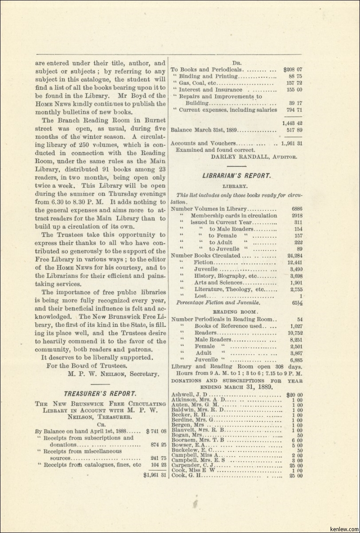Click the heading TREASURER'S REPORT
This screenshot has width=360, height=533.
pyautogui.click(x=100, y=393)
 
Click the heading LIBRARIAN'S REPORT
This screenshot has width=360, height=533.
pyautogui.click(x=236, y=176)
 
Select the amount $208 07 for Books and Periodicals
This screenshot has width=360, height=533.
pyautogui.click(x=292, y=70)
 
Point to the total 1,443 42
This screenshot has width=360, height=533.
pyautogui.click(x=292, y=123)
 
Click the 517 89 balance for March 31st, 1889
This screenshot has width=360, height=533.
pyautogui.click(x=294, y=130)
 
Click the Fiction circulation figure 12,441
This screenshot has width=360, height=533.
pyautogui.click(x=295, y=263)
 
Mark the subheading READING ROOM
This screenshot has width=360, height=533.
pyautogui.click(x=236, y=312)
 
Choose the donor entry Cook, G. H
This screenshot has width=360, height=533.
pyautogui.click(x=187, y=475)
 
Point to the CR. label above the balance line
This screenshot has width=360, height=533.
pyautogui.click(x=100, y=423)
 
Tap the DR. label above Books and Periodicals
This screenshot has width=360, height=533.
pyautogui.click(x=236, y=63)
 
